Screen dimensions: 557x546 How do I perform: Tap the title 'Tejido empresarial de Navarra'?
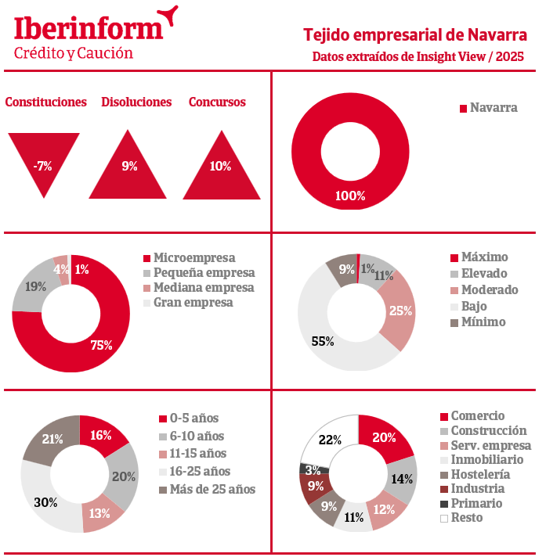414,34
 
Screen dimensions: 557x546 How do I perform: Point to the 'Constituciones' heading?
45,102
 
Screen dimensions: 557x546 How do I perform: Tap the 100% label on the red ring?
350,196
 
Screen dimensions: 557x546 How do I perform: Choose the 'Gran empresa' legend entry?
193,302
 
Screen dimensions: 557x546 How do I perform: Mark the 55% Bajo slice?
323,342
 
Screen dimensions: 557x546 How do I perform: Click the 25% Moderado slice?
400,311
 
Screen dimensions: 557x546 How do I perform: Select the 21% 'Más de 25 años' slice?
52,439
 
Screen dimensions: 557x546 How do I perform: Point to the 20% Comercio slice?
384,438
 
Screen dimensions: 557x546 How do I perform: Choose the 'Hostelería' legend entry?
479,474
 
